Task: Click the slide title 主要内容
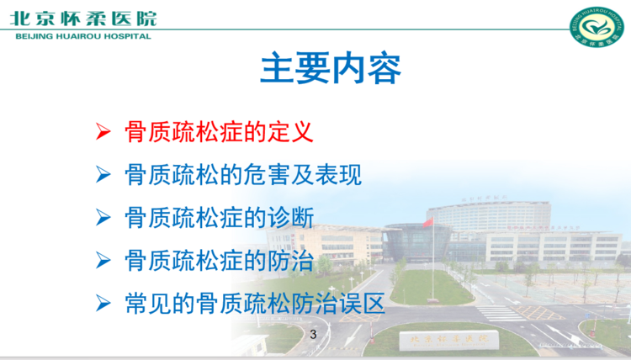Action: (x=331, y=68)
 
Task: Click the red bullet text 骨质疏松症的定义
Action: (x=220, y=131)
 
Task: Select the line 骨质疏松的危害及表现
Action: (x=243, y=175)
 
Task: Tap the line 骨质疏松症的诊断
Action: (x=220, y=218)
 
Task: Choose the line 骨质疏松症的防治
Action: (x=220, y=261)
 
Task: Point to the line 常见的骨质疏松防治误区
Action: (x=255, y=304)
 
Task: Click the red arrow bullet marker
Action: (x=103, y=131)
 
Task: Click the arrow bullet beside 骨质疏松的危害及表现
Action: (x=103, y=175)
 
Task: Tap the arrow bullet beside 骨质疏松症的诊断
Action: (x=103, y=218)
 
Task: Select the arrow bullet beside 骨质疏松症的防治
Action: (x=103, y=261)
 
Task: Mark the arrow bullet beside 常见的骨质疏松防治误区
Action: (x=103, y=304)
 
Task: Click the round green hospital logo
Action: (x=596, y=27)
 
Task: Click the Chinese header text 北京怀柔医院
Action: (x=83, y=19)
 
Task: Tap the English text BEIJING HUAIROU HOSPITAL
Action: (x=83, y=36)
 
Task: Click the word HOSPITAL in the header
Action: (x=127, y=36)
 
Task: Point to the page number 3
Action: (x=313, y=334)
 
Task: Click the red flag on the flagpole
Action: (x=427, y=222)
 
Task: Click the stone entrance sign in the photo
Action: (x=448, y=341)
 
